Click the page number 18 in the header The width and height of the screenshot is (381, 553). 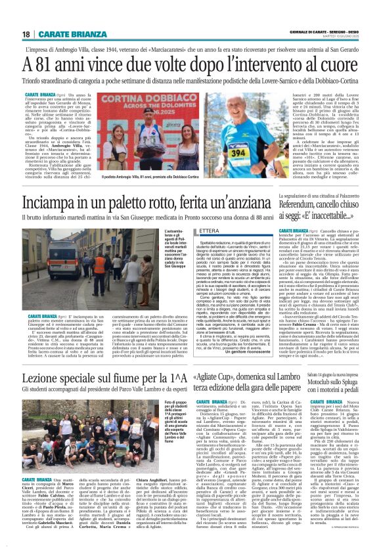tap(26, 34)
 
